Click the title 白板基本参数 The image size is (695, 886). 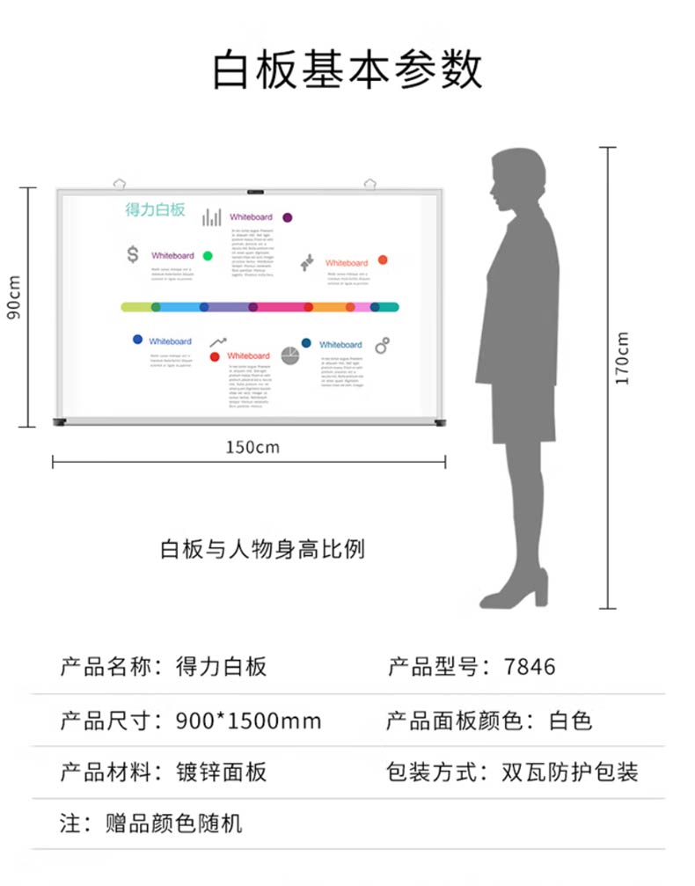[x=347, y=70]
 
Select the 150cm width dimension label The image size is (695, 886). [x=252, y=447]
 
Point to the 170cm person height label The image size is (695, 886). [x=622, y=358]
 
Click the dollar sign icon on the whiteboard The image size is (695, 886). [x=133, y=254]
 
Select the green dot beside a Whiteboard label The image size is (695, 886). [x=208, y=255]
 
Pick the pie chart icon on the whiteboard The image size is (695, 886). [x=290, y=355]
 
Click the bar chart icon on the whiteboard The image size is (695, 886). [x=211, y=216]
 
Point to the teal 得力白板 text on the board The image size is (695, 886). [x=155, y=209]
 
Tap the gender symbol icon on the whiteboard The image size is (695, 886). [x=383, y=345]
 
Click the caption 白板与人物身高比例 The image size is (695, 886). [x=262, y=550]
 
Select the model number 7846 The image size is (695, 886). [x=530, y=667]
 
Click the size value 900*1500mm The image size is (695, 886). [x=248, y=722]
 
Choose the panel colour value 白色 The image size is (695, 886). [x=570, y=721]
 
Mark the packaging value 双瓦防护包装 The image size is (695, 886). [x=569, y=773]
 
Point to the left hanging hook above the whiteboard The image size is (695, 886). [x=120, y=182]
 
